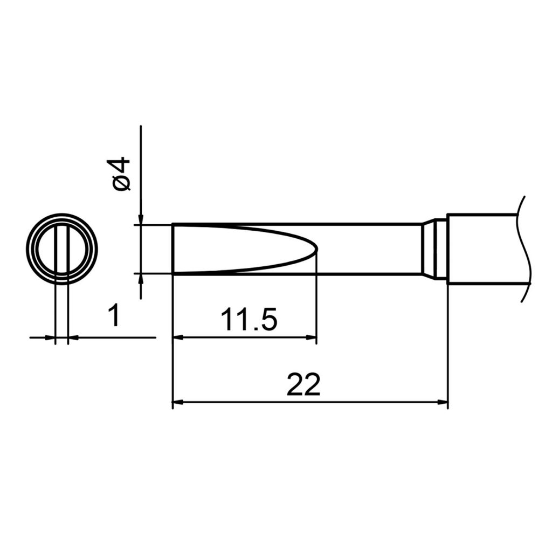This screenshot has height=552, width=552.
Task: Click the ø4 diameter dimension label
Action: coord(122,174)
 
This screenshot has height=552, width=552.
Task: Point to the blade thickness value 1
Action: coord(114,316)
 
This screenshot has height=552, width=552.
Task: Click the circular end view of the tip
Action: coord(62,249)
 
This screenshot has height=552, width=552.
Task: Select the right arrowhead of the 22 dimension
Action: coord(443,402)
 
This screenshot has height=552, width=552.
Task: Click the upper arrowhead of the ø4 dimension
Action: coord(140,218)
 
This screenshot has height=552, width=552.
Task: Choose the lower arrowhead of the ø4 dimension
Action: coord(140,279)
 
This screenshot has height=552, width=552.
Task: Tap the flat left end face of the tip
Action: coord(172,249)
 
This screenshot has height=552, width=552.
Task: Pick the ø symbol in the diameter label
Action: coord(122,184)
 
